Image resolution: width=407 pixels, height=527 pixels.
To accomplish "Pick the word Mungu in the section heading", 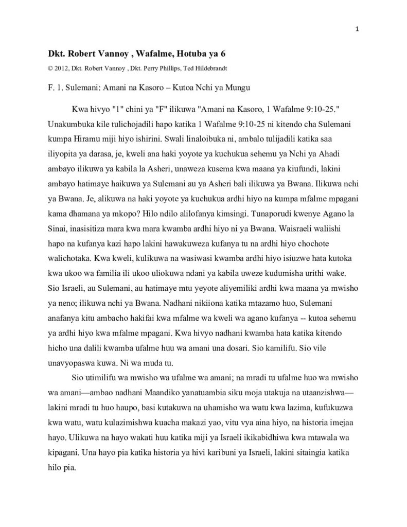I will [x=239, y=88].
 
